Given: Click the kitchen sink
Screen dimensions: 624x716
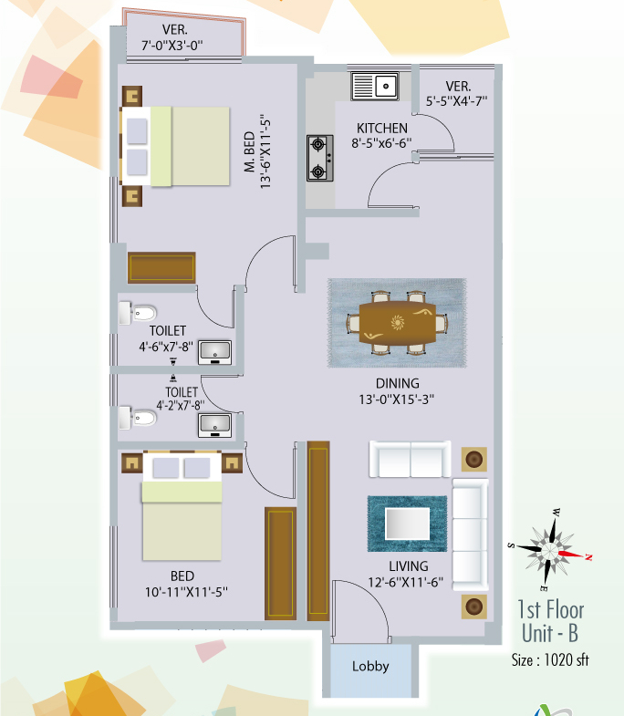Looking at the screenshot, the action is (x=375, y=86).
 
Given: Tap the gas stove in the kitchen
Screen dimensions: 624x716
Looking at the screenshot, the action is (x=320, y=158).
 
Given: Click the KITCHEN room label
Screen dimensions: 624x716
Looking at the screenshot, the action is (x=382, y=129).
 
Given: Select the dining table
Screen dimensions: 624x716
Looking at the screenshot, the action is (x=397, y=323).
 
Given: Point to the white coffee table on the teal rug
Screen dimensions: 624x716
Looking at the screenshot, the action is (x=408, y=524).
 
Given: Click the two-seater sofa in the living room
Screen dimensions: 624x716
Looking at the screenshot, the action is (x=410, y=460).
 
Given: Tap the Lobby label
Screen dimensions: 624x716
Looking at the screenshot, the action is (x=370, y=666).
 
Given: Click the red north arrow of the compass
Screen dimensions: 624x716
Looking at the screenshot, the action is (x=572, y=555).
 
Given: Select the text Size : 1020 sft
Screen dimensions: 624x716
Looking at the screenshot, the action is (x=550, y=660).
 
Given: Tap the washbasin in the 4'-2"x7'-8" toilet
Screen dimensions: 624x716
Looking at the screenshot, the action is (x=214, y=426).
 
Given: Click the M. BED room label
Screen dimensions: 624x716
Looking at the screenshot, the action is (x=249, y=152).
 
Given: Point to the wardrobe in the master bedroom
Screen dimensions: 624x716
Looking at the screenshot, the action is (x=161, y=267).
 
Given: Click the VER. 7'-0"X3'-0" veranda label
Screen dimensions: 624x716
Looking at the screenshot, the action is (x=172, y=37).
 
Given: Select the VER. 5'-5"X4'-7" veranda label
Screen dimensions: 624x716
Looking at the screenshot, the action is (x=457, y=94).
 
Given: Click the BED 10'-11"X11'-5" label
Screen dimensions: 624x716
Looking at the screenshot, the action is (x=186, y=584).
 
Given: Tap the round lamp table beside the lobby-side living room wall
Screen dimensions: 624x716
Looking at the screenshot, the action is (x=473, y=607).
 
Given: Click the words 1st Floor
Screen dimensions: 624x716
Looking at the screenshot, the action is (x=550, y=610).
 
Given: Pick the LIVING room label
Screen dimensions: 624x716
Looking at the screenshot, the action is (x=409, y=566).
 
